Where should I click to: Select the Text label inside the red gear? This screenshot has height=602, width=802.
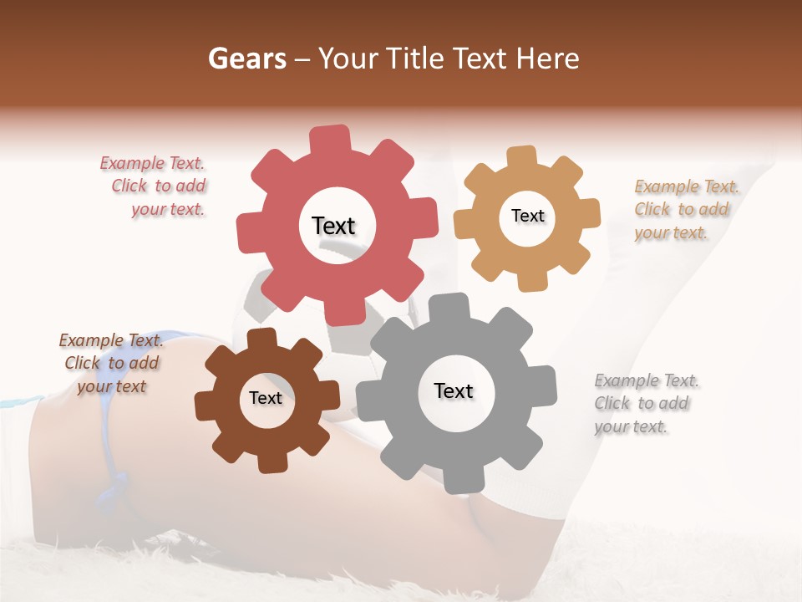(333, 226)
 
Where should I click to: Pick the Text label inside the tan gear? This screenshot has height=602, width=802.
(527, 216)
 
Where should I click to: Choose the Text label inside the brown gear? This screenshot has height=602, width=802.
(266, 398)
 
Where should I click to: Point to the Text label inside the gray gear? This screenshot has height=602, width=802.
(454, 390)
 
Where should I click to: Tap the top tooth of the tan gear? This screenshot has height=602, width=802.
(522, 157)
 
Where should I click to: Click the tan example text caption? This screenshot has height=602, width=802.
(685, 209)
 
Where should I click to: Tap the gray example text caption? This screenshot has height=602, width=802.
(645, 403)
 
